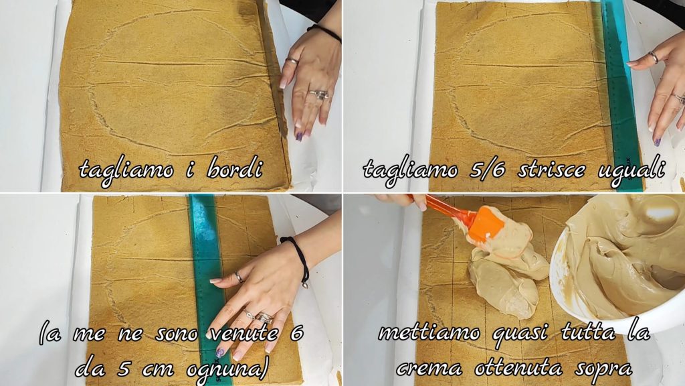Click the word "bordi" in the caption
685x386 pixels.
click(x=235, y=169)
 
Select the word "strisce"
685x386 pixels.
click(x=551, y=169)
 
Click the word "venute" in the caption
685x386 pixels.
click(x=244, y=334)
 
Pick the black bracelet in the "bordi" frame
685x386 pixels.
click(x=326, y=32)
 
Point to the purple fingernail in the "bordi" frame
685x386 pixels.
click(x=299, y=136)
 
